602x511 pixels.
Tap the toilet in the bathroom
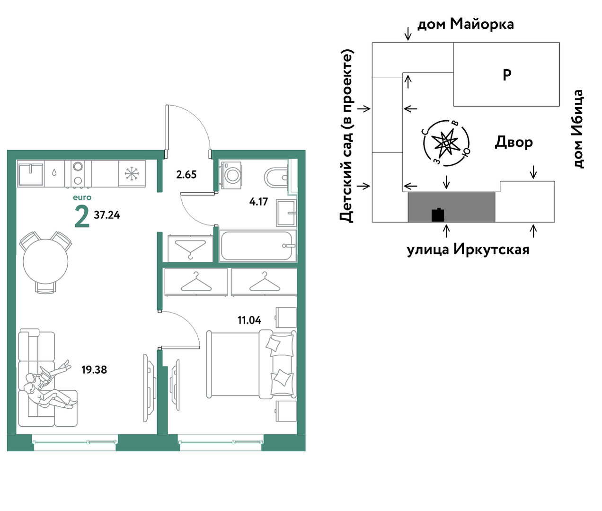tap(276, 177)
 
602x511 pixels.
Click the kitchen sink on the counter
tap(31, 174)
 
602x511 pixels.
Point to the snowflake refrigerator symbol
tap(132, 174)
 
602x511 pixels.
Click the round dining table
tap(45, 261)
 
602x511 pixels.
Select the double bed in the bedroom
tap(251, 364)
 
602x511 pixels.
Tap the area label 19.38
tap(94, 370)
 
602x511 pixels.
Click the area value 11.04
tap(249, 320)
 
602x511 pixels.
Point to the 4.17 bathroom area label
tap(258, 202)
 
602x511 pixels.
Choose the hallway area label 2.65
tap(186, 175)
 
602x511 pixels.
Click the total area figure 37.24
tap(107, 215)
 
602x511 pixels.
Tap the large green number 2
tap(82, 216)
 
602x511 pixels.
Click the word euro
tap(82, 197)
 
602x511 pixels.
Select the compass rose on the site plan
tap(446, 143)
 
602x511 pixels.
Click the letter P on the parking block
tap(507, 75)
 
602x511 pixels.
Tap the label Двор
tap(514, 142)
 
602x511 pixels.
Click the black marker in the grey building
tap(438, 215)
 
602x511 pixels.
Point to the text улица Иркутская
tap(468, 250)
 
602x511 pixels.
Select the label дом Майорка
tap(466, 24)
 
